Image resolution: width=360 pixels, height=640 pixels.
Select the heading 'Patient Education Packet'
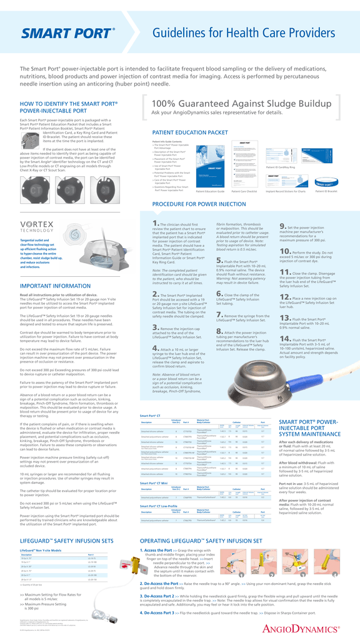coord(190,132)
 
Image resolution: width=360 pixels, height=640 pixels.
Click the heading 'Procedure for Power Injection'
coord(199,204)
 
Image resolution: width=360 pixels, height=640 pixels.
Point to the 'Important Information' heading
coord(56,286)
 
